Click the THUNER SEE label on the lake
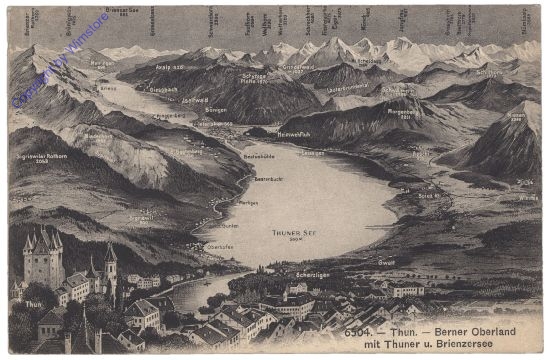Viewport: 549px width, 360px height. tap(294, 233)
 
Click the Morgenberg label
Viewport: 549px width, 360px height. tap(406, 112)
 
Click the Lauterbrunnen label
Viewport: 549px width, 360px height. tap(346, 88)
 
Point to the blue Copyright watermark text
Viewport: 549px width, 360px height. tap(60, 58)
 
